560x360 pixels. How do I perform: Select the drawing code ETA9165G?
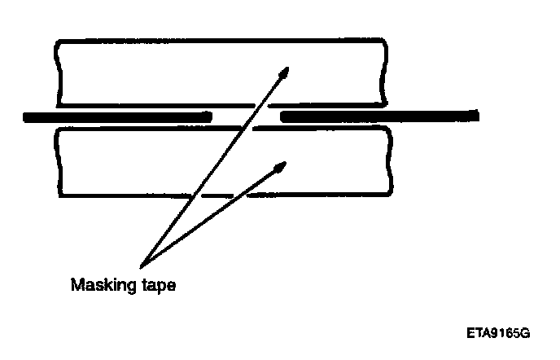click(498, 334)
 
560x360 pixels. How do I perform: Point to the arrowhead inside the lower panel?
click(279, 167)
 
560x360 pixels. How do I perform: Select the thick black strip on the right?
click(379, 116)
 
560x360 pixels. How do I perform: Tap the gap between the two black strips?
click(247, 116)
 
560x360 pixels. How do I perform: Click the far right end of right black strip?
click(476, 116)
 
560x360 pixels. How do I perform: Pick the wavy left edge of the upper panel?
click(55, 72)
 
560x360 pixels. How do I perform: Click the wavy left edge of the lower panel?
click(57, 163)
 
